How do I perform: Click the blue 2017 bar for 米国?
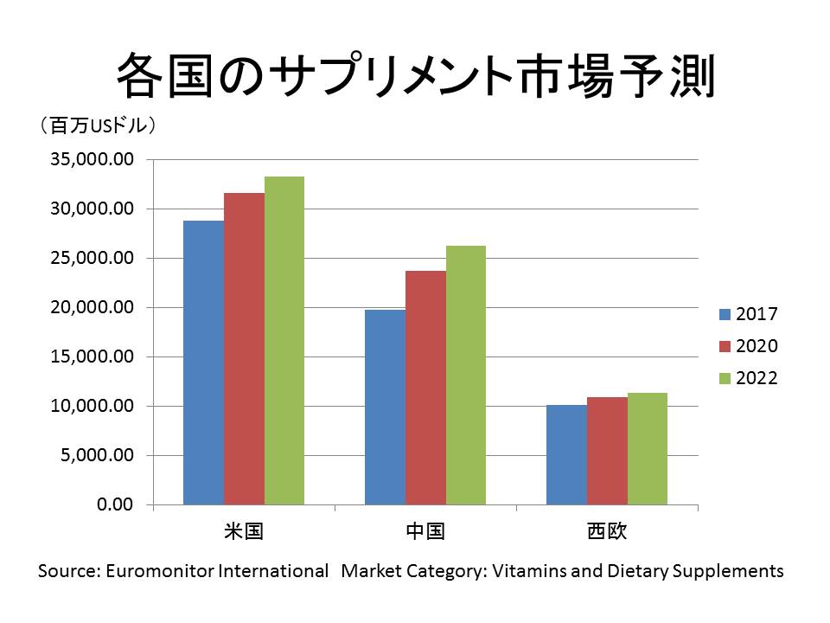pos(203,363)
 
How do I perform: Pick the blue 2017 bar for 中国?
pos(385,407)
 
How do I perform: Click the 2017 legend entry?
pos(749,313)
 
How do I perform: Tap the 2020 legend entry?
pos(749,346)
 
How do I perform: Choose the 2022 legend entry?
pos(749,378)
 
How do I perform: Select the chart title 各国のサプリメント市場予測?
pos(415,75)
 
